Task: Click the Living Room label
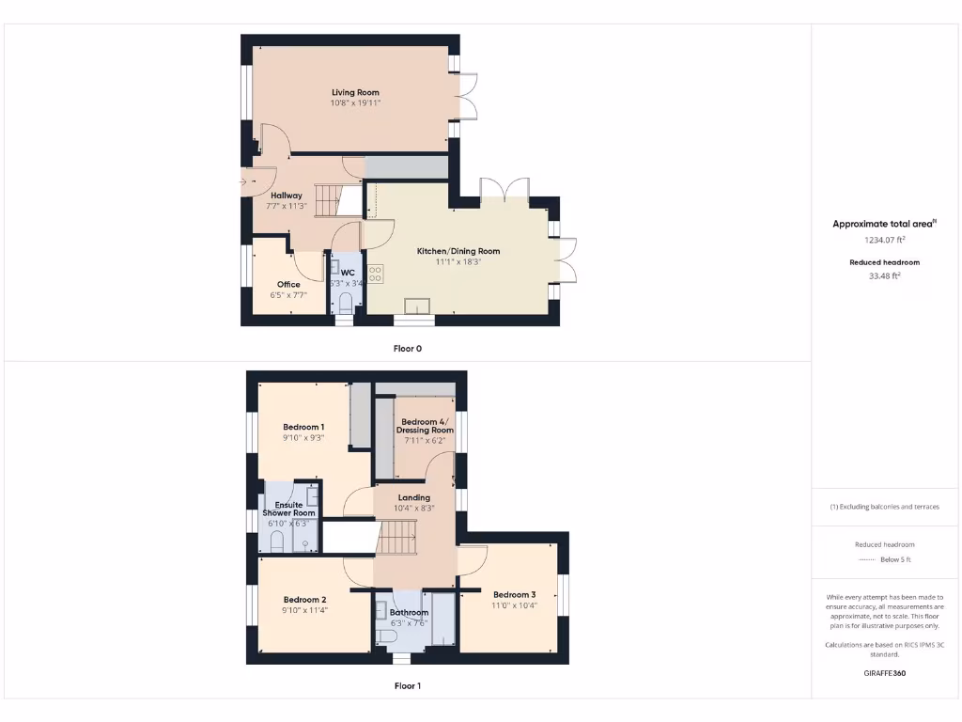point(355,92)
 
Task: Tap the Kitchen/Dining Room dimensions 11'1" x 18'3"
point(458,262)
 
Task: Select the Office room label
point(288,285)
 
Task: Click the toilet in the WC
point(345,303)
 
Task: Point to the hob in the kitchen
point(376,275)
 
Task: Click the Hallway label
point(287,196)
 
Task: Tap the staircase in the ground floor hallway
point(330,200)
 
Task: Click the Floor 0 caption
point(408,348)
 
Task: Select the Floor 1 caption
point(408,686)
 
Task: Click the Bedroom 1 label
point(303,427)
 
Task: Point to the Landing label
point(414,497)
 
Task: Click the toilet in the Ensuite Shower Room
point(277,541)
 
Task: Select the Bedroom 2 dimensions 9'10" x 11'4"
point(305,610)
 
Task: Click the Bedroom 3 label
point(514,594)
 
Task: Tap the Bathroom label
point(410,613)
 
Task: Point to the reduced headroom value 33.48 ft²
point(885,276)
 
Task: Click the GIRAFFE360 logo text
point(885,673)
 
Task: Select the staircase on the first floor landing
point(398,540)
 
